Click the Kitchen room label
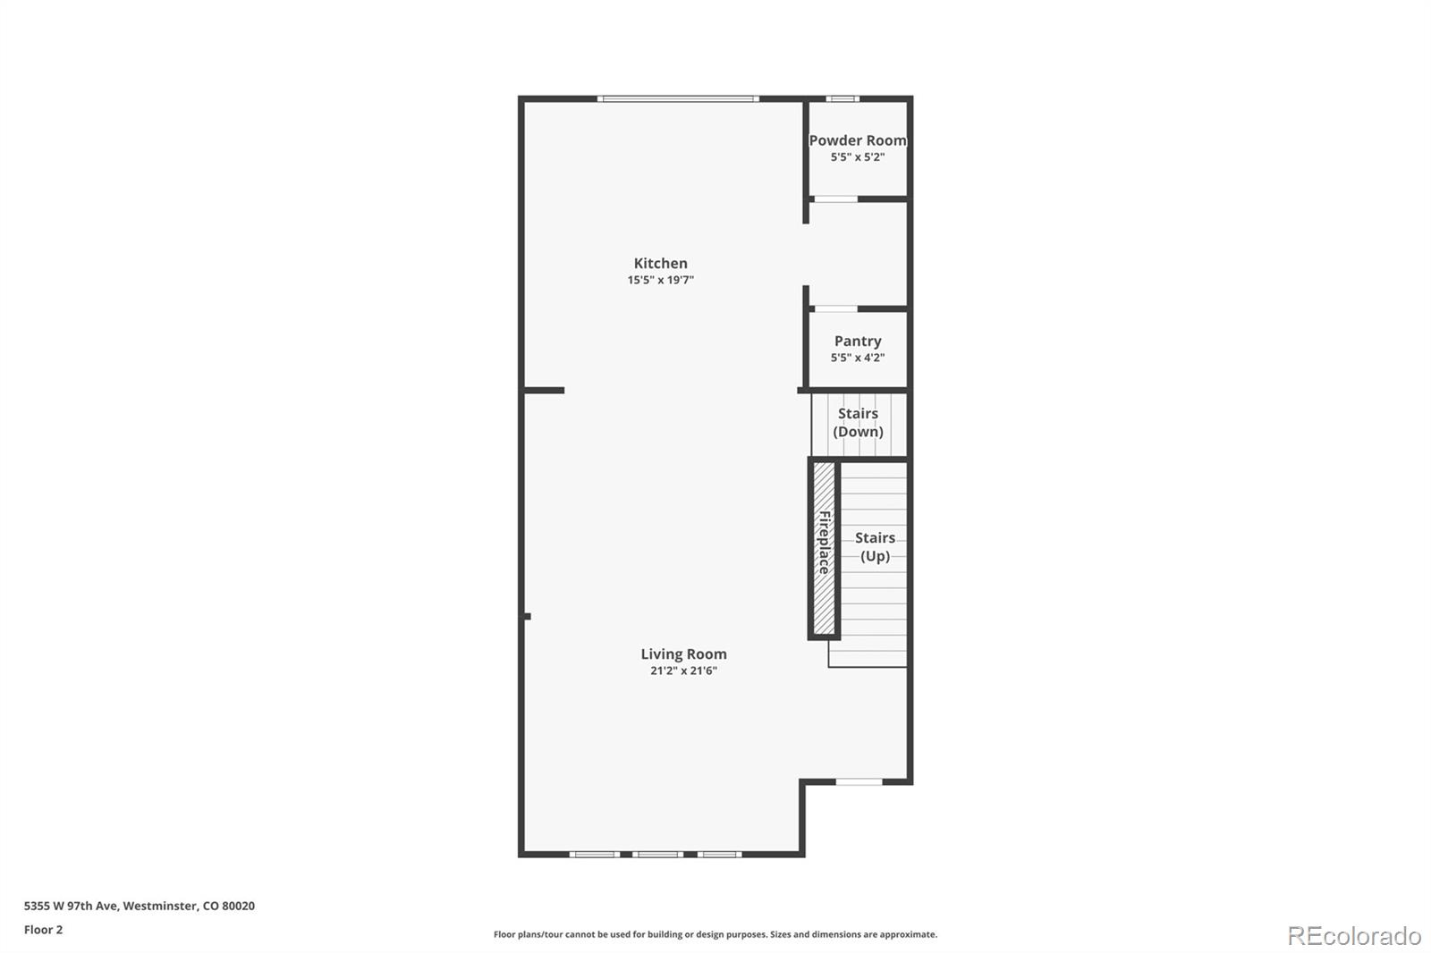tap(660, 263)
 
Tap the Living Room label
tap(683, 654)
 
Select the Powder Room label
tap(857, 140)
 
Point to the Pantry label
tap(858, 341)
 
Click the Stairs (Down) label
tap(858, 422)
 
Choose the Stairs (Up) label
tap(875, 546)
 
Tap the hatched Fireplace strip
tap(824, 547)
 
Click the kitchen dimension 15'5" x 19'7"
tap(660, 280)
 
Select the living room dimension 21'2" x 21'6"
tap(683, 670)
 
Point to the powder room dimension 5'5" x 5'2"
tap(857, 157)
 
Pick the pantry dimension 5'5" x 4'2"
tap(857, 358)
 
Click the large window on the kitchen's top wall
tap(678, 98)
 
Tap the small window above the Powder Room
tap(842, 98)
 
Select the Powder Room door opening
tap(835, 198)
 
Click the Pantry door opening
tap(835, 308)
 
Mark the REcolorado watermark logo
tap(1353, 935)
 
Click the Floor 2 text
tap(43, 930)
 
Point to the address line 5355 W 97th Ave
tap(139, 906)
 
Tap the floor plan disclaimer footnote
tap(715, 934)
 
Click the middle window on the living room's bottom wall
tap(657, 855)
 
